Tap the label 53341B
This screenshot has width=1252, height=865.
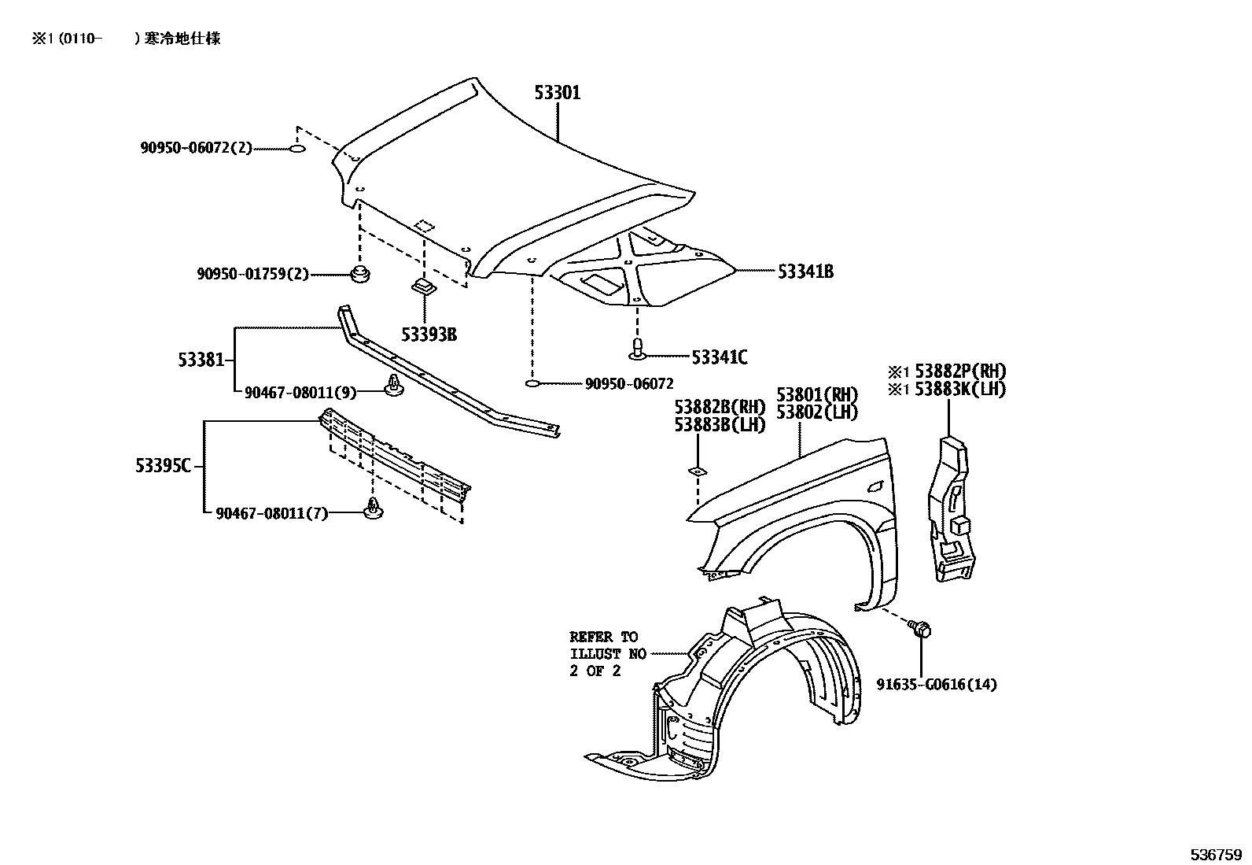pos(805,272)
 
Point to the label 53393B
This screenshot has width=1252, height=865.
pos(429,335)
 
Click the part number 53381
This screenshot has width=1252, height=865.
pos(200,360)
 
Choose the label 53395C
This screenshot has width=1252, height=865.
pos(163,466)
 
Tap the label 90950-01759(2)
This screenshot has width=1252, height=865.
pos(252,275)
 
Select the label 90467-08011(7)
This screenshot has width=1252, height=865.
pos(271,514)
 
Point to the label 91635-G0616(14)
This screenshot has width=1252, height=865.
pos(937,685)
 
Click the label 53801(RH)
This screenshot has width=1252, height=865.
pos(817,394)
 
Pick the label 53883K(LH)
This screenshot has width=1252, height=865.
pos(960,390)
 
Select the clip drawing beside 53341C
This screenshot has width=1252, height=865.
pos(639,348)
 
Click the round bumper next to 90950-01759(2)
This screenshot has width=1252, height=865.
pos(360,275)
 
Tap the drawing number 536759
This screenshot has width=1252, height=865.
pos(1215,855)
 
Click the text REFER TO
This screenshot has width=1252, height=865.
pos(604,637)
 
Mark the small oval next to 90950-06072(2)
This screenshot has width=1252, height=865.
pos(296,148)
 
